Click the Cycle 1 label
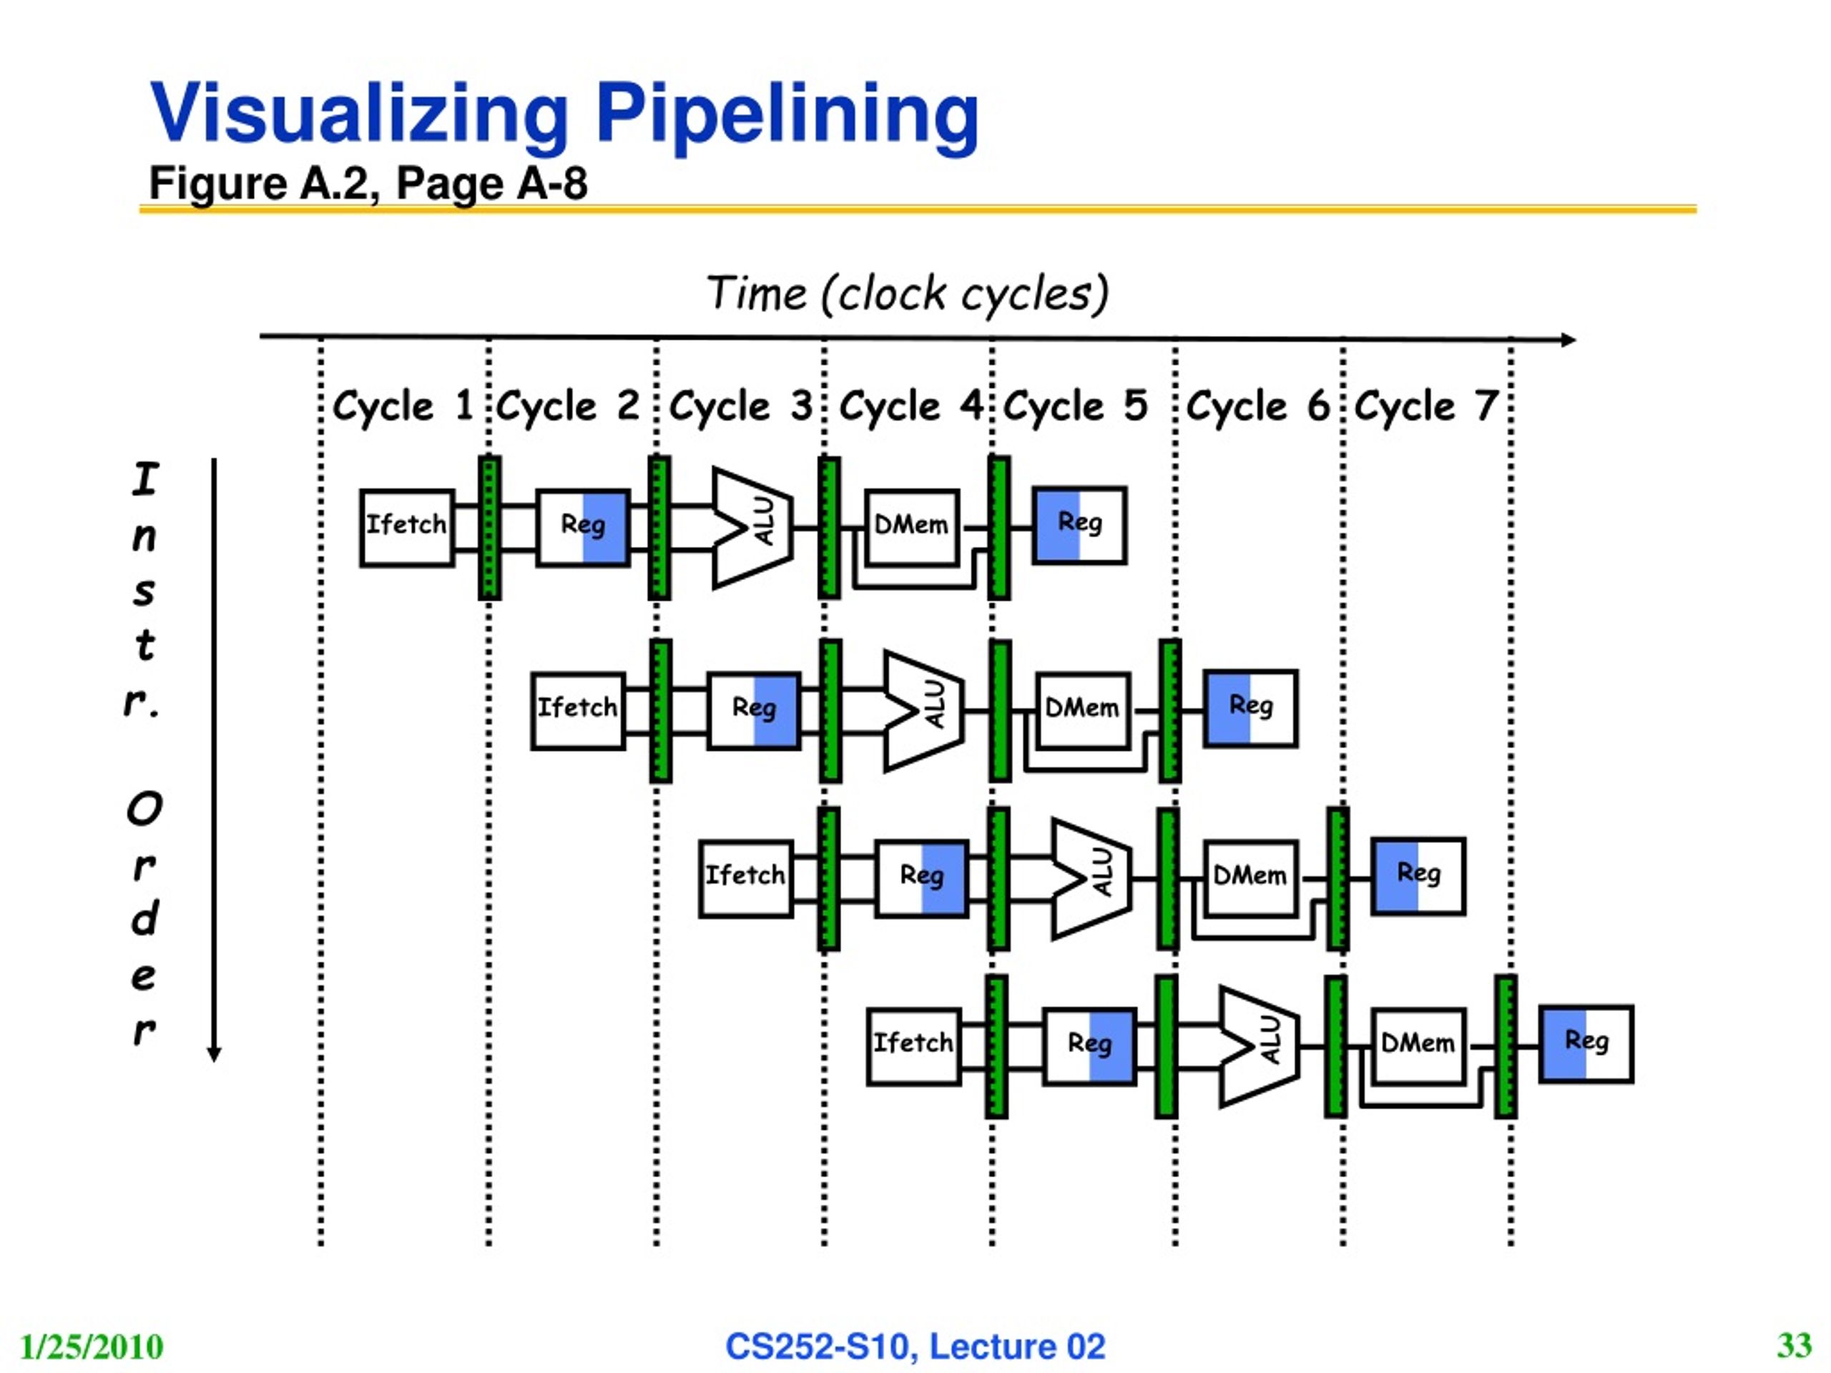pos(402,406)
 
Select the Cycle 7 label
pos(1426,406)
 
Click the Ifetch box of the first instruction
pos(406,528)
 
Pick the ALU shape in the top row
pos(752,528)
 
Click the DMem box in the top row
pos(911,526)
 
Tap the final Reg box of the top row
pos(1079,526)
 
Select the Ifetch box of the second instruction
pos(578,711)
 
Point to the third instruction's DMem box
pos(1251,878)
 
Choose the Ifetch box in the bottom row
pos(914,1046)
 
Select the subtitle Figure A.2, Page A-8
pos(368,183)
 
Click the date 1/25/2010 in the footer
pos(91,1347)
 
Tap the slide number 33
pos(1795,1345)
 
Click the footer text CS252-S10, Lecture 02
pos(915,1347)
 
